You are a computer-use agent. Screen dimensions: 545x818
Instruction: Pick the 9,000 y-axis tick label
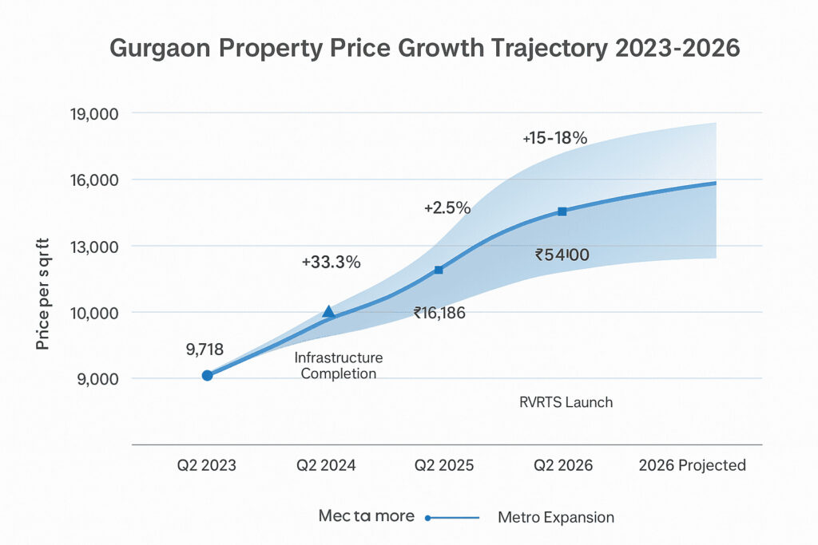pos(93,378)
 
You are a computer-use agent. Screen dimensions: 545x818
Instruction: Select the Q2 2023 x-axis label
pos(207,465)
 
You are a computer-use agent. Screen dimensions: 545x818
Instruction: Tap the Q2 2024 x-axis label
pos(327,465)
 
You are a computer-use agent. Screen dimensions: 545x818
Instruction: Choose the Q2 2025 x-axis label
pos(444,465)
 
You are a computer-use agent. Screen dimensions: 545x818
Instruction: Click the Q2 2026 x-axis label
pos(562,465)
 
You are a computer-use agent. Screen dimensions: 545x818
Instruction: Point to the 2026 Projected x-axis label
pos(692,465)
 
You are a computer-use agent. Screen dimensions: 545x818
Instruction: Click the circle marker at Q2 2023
pos(207,375)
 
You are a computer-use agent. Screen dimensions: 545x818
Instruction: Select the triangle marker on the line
pos(328,311)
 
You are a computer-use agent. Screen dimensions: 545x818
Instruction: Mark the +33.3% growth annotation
pos(331,262)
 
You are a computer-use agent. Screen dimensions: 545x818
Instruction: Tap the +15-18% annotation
pos(555,138)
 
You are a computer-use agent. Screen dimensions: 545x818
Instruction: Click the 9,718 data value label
pos(205,349)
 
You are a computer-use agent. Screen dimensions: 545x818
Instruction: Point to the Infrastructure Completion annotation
pos(339,365)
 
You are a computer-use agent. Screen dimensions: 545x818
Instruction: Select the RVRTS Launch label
pos(566,402)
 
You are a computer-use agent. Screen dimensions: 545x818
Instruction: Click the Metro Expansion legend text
pos(556,517)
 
